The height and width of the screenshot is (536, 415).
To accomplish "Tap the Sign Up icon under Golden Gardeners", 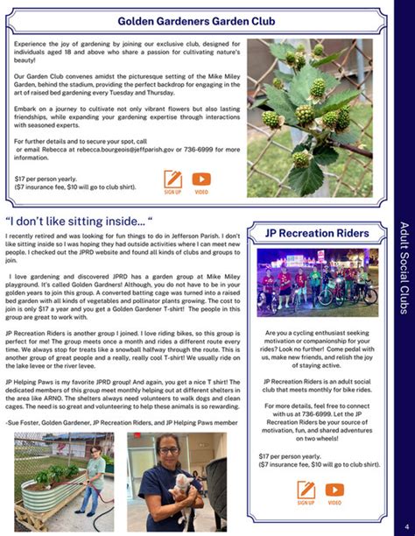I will (172, 180).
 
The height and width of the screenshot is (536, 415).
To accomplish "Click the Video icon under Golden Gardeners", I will (201, 180).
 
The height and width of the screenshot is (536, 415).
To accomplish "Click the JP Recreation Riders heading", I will (316, 234).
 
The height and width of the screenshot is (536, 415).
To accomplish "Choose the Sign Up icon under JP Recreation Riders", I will (306, 491).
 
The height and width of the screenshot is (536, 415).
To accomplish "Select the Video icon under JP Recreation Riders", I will (334, 491).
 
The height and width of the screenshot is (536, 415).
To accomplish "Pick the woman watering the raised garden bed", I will (93, 482).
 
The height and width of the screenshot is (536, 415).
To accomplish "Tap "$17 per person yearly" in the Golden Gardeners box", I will (45, 178).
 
